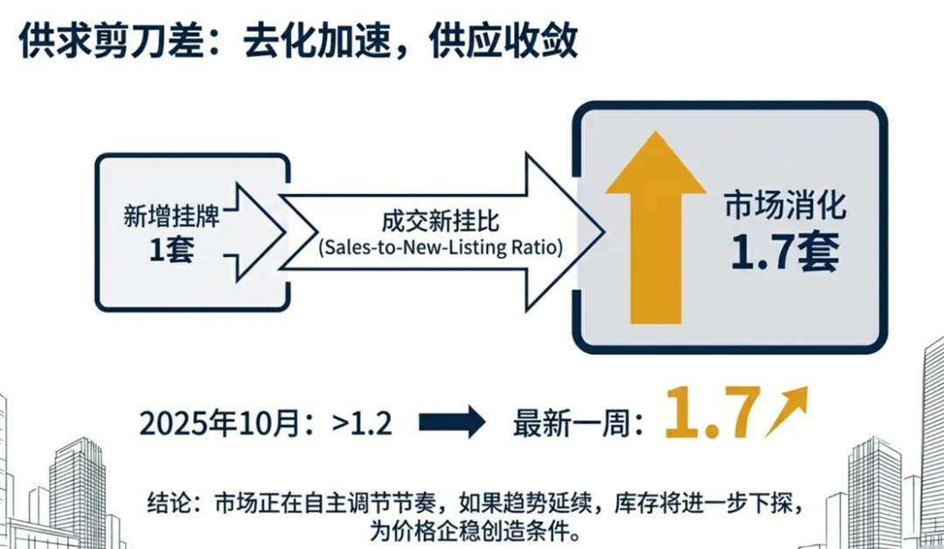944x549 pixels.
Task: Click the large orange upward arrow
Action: [656, 229]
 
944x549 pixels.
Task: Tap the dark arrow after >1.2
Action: [451, 422]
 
